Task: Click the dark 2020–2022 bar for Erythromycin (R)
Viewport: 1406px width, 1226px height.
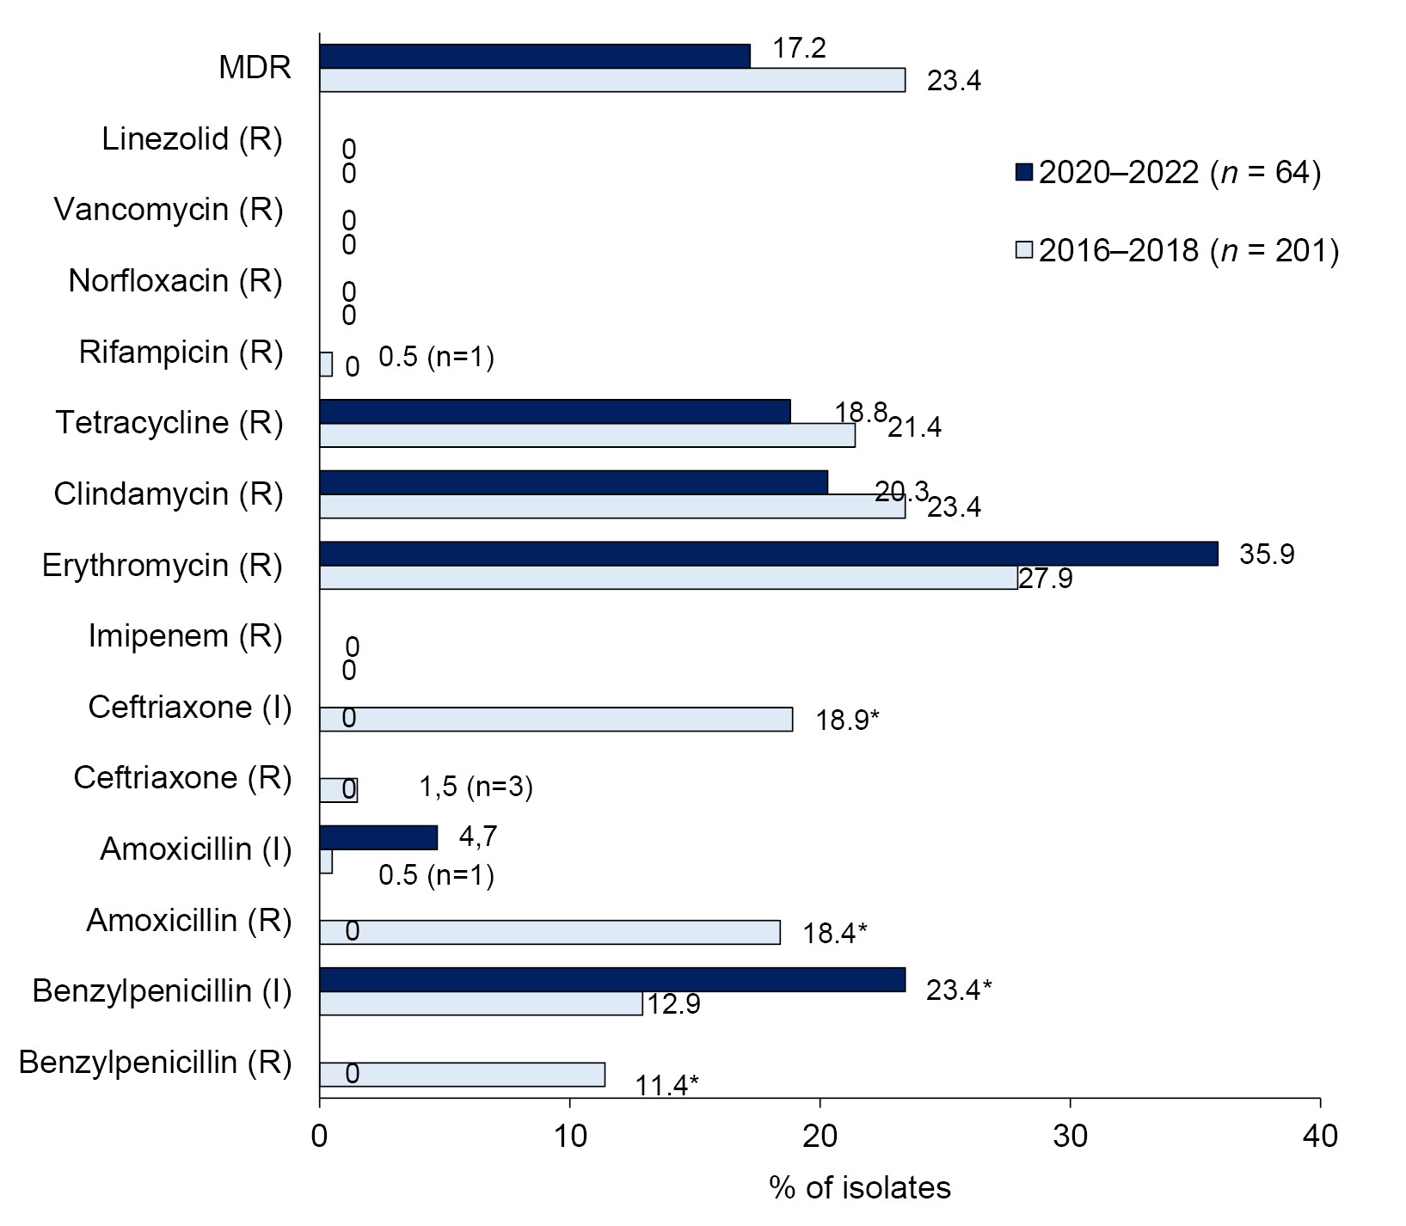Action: (x=768, y=554)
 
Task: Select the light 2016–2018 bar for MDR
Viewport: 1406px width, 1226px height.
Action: (x=611, y=80)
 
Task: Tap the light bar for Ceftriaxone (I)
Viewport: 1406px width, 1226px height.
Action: (x=556, y=720)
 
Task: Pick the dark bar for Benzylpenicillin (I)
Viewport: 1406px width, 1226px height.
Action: (x=611, y=979)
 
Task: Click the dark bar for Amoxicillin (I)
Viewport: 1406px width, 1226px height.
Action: (x=378, y=837)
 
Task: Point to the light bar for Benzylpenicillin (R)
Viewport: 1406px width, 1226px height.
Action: (x=462, y=1075)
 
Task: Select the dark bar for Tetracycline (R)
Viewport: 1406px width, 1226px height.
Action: (x=555, y=412)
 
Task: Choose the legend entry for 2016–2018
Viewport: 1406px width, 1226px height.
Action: (x=1177, y=250)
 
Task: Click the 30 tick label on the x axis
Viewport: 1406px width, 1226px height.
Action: (x=1070, y=1137)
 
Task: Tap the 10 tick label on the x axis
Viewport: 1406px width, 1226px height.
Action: (x=569, y=1137)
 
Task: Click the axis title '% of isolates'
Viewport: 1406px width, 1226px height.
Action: (x=860, y=1187)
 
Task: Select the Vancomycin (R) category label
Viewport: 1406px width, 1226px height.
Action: (x=169, y=210)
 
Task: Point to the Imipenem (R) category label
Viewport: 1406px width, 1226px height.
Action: (x=186, y=636)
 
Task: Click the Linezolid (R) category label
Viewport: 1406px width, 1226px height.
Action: (x=192, y=138)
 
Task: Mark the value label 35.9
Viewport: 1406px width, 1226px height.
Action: (x=1267, y=554)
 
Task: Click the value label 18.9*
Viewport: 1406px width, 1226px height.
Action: (x=847, y=720)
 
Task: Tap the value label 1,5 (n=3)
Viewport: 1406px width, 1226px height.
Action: (x=476, y=787)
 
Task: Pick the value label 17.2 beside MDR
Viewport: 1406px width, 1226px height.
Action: (x=799, y=48)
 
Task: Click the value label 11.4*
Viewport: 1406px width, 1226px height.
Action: (x=666, y=1086)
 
